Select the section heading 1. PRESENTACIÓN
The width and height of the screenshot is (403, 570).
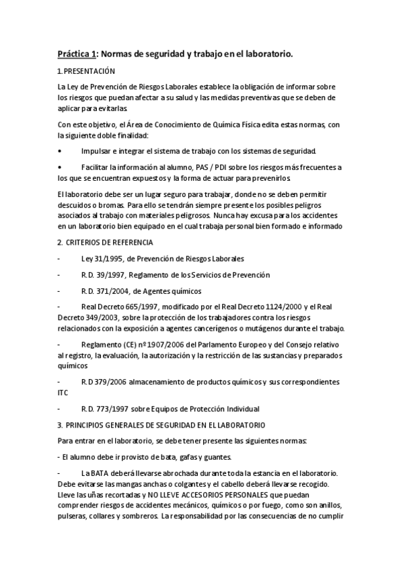tap(87, 71)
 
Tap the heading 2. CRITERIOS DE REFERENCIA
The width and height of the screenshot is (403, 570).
tap(105, 242)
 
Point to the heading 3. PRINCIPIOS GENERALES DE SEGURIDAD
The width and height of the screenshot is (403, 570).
tap(161, 425)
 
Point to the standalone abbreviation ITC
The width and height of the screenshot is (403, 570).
tap(63, 393)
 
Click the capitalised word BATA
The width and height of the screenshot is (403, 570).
tap(100, 473)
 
